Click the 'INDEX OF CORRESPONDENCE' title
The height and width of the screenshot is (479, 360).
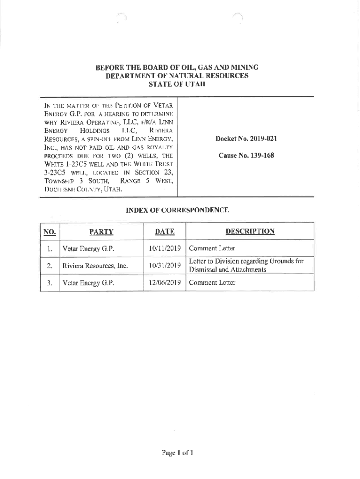(177, 210)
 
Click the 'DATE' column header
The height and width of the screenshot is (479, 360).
(165, 231)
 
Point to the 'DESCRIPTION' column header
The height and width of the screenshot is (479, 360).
(250, 231)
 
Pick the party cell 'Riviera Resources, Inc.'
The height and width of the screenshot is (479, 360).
(95, 266)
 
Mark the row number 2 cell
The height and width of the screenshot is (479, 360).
(49, 266)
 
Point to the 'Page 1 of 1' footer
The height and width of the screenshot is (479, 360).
(177, 452)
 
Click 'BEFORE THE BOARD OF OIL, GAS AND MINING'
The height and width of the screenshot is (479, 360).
(177, 67)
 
